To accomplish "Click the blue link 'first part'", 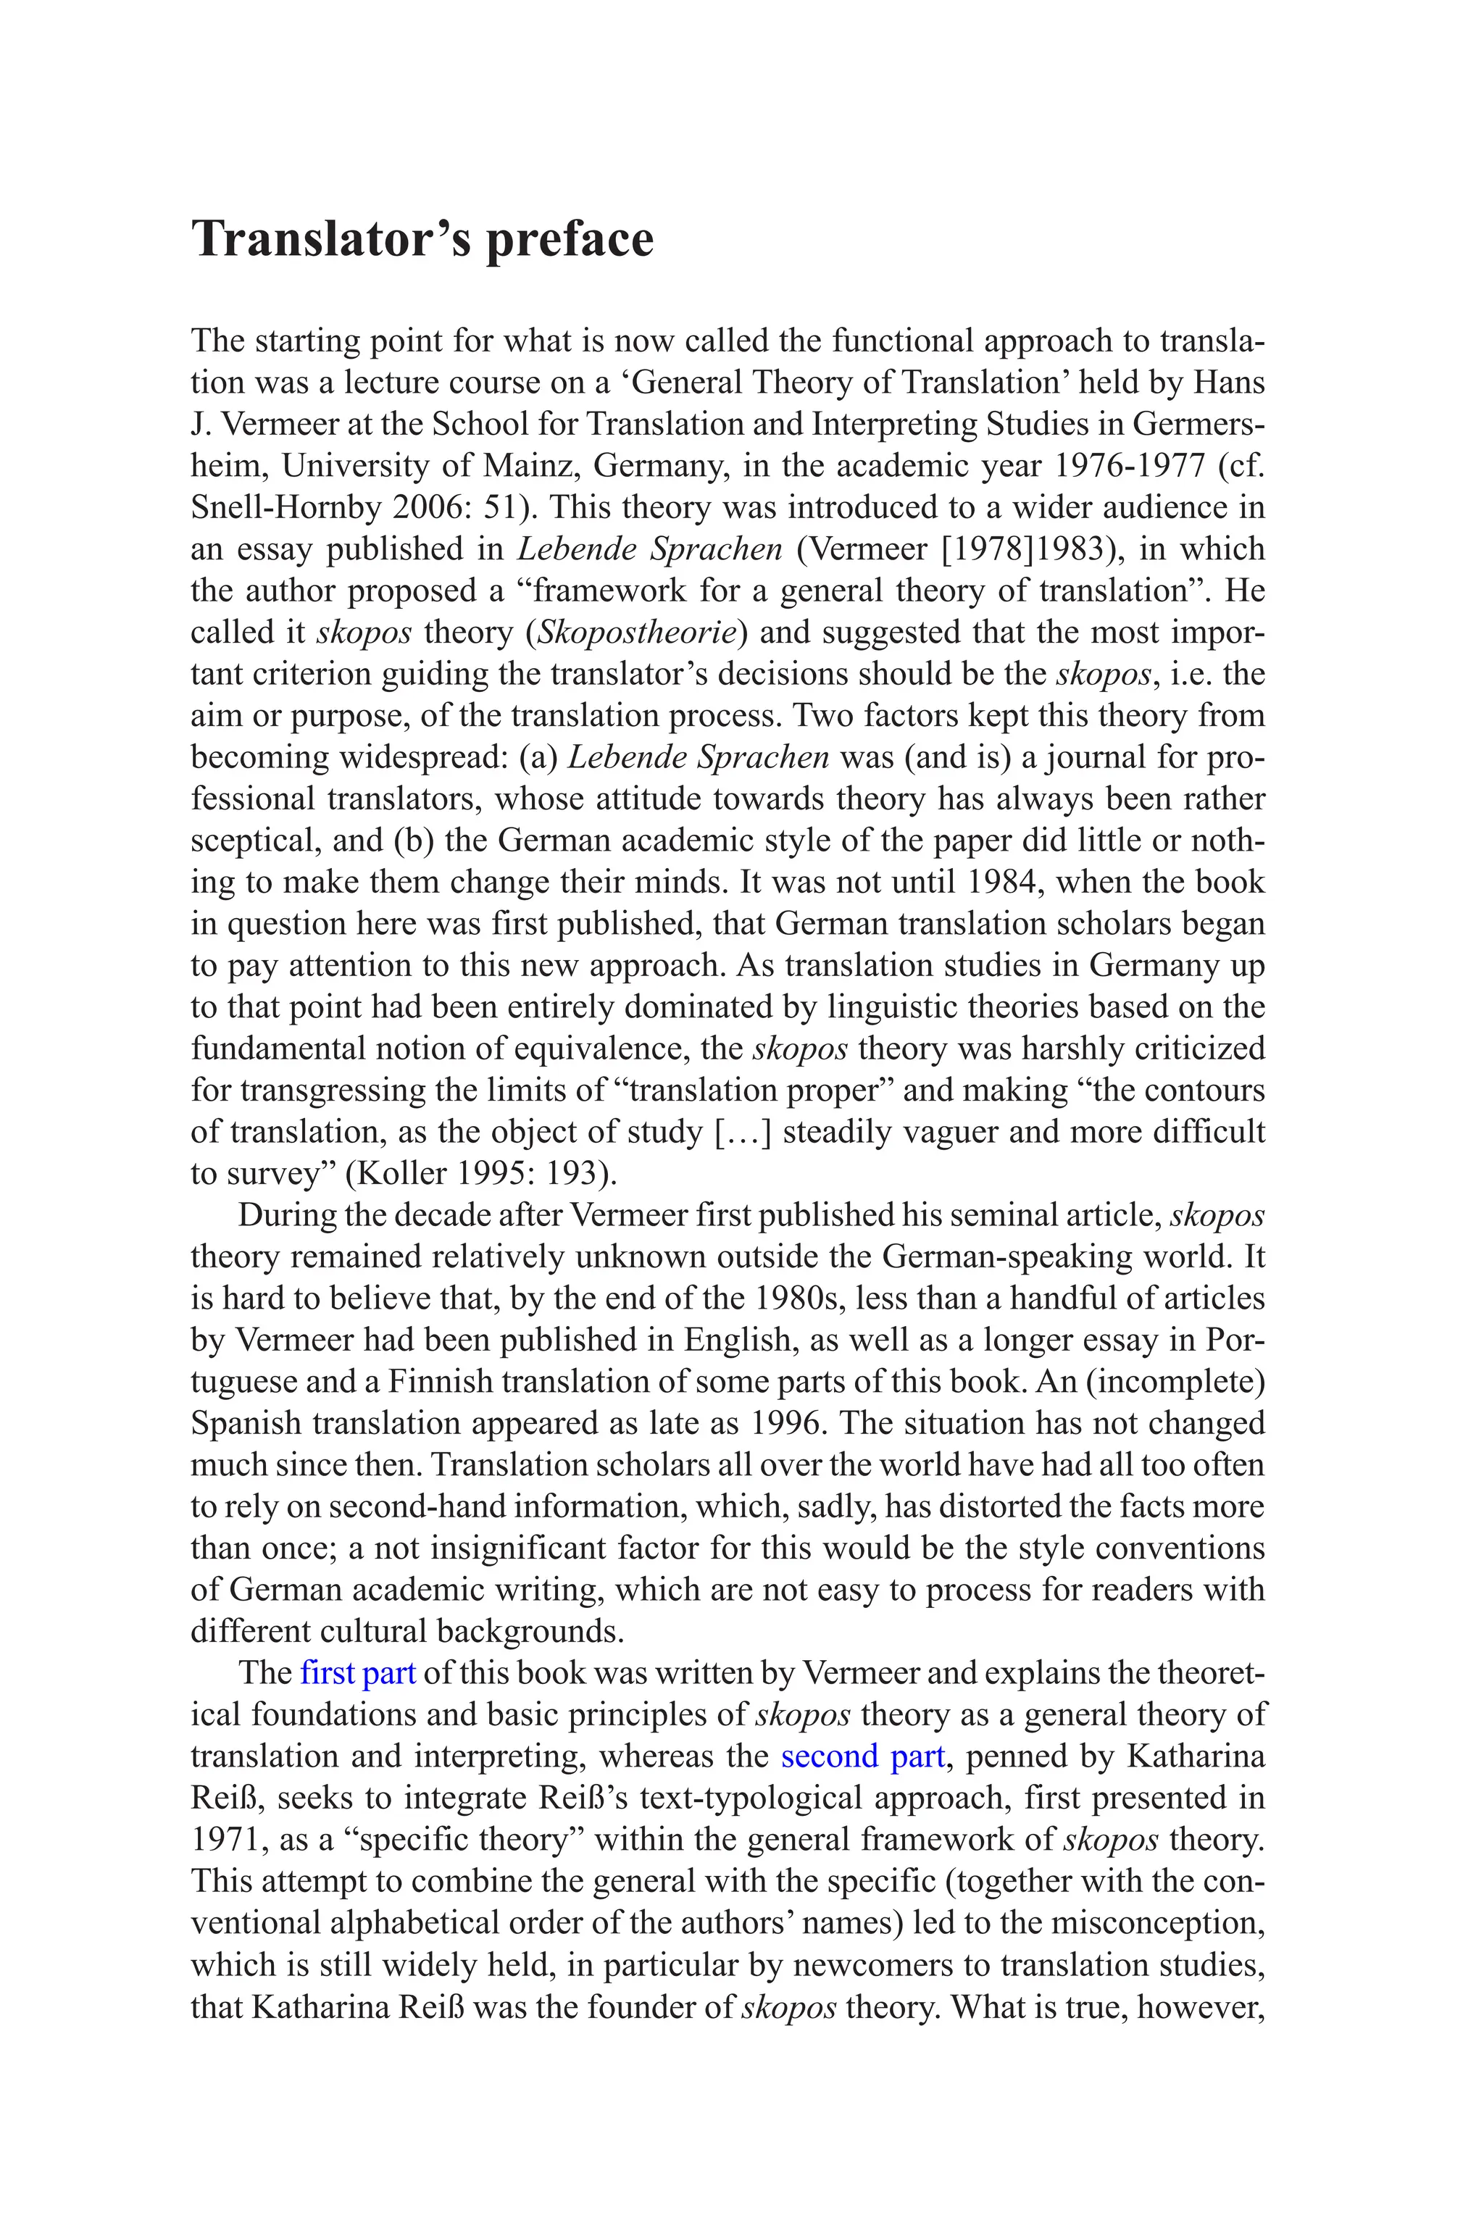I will point(358,1672).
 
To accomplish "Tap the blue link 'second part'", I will point(862,1756).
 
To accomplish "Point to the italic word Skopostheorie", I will point(638,632).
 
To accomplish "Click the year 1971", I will point(225,1839).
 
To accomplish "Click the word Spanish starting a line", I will point(246,1422).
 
